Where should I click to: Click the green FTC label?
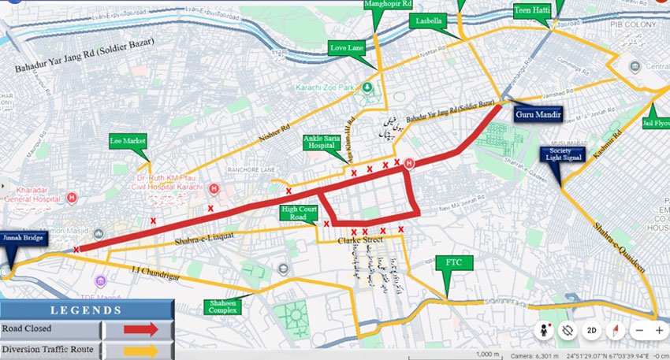453,262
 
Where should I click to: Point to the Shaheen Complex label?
224,306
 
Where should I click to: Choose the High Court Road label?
297,213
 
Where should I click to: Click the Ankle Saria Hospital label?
323,142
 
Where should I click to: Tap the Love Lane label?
347,49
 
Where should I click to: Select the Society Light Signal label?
560,154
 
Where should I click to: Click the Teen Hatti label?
533,11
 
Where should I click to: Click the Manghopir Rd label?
389,5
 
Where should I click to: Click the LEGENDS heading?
87,310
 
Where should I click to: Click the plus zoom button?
659,330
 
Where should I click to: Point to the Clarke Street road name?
360,239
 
